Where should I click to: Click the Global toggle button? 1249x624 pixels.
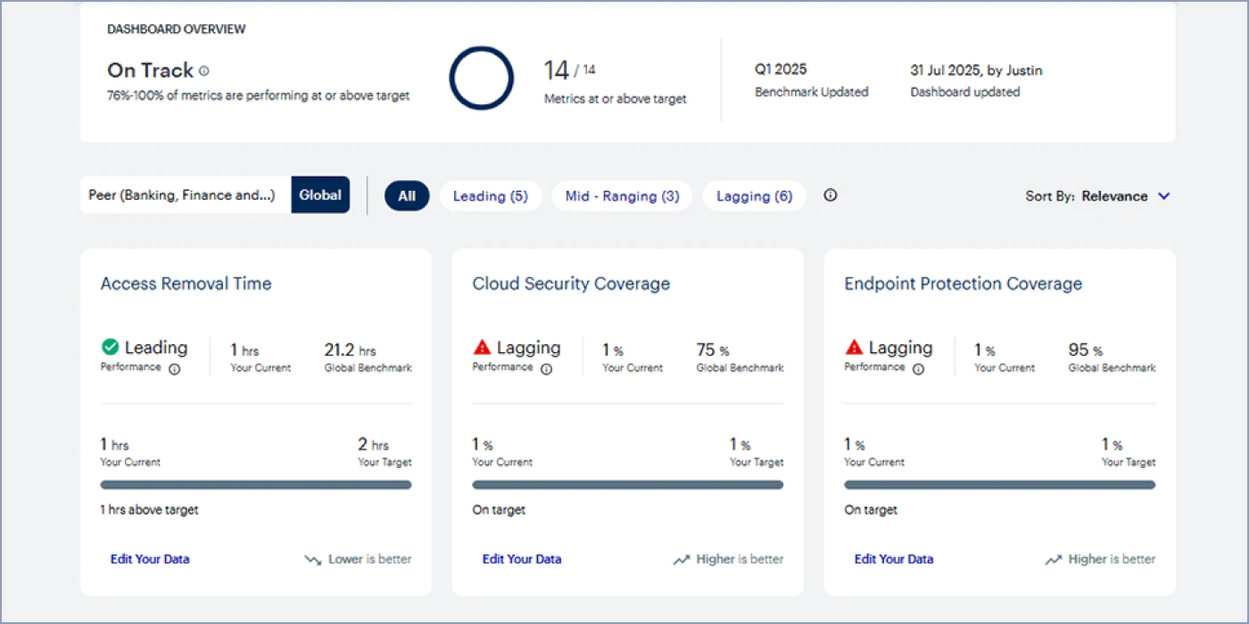click(320, 195)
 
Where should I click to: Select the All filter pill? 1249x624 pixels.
click(407, 195)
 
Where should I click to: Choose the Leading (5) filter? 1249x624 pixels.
click(490, 195)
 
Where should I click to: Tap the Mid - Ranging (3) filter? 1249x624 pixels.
click(622, 195)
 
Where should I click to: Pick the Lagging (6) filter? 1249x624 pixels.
click(754, 195)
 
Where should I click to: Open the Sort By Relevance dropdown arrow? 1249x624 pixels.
click(1163, 196)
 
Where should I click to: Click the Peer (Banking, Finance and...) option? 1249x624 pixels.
click(182, 195)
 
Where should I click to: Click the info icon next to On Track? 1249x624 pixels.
click(204, 70)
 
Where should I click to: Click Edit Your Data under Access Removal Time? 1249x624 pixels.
click(150, 559)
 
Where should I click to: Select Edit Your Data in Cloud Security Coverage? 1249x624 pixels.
click(521, 559)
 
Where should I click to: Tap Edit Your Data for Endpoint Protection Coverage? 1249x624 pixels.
click(893, 559)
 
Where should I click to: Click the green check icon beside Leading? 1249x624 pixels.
click(110, 347)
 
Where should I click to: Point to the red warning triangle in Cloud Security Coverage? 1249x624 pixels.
click(482, 347)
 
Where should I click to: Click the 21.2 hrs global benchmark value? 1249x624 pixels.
click(350, 349)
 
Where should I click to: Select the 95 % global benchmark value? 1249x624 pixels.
click(1085, 349)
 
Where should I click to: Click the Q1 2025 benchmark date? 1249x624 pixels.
click(780, 70)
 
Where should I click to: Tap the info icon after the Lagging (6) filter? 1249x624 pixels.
click(831, 195)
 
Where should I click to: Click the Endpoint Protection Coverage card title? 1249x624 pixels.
click(963, 283)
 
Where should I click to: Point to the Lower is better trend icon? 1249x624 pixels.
click(313, 560)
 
